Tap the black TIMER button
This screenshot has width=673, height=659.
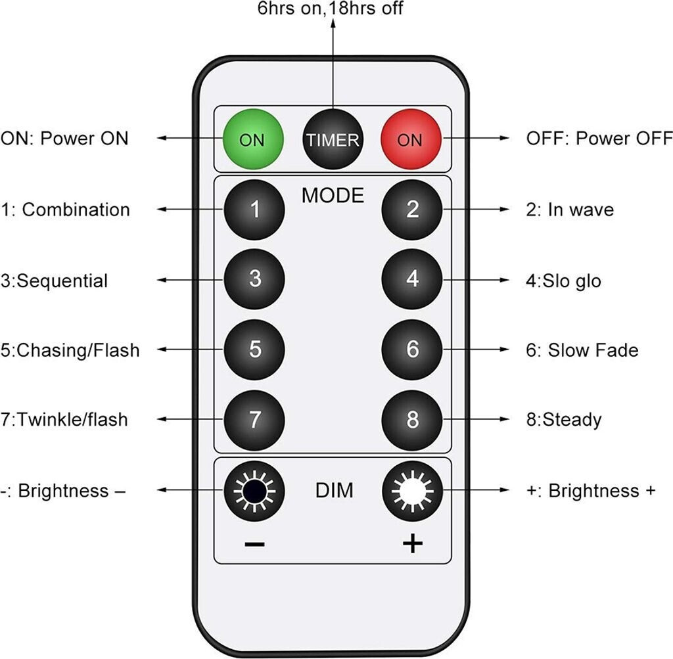point(333,139)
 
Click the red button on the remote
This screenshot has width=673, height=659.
point(411,139)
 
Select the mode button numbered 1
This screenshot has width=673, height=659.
point(254,210)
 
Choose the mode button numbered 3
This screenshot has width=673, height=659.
point(254,279)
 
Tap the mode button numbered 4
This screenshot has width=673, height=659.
point(412,279)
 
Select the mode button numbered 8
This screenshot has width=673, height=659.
point(412,419)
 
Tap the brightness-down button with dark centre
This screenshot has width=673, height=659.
point(254,490)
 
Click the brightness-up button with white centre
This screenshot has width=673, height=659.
point(412,490)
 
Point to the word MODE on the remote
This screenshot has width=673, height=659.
point(333,195)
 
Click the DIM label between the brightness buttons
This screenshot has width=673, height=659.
point(334,490)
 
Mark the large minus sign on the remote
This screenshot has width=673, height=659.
point(254,544)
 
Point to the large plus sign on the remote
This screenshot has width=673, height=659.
point(412,544)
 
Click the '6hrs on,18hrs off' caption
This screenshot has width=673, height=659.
point(331,9)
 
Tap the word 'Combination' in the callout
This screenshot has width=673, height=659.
point(76,210)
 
